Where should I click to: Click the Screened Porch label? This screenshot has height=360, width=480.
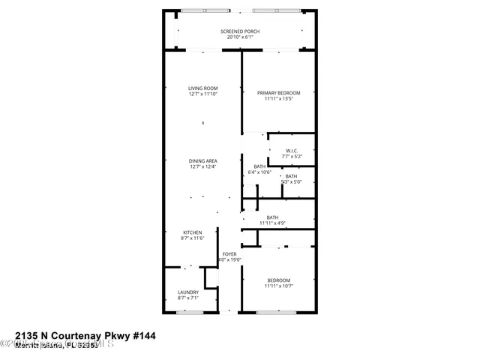coord(240,31)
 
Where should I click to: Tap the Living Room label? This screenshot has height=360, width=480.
coord(202,88)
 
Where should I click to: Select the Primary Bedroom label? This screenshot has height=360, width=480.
coord(277,93)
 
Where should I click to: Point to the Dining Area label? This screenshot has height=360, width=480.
coord(202,160)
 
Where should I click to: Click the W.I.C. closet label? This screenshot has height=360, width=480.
coord(292,151)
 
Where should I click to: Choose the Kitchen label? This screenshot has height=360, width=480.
coord(193,232)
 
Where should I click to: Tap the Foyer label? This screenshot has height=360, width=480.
coord(229,254)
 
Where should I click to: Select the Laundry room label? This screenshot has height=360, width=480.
coord(188,292)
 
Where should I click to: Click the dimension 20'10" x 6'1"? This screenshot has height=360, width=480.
coord(240,37)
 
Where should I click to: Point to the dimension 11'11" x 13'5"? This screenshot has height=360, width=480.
coord(277,99)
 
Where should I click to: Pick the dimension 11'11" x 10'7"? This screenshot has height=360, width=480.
coord(277,286)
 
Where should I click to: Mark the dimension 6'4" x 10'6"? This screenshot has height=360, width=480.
coord(259,172)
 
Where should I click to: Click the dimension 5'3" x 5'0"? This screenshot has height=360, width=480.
coord(291,181)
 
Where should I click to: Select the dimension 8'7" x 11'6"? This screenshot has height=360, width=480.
coord(193,238)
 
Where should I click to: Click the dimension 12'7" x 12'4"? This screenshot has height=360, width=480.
coord(202,166)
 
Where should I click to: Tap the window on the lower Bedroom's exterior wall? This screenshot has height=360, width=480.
coord(276,312)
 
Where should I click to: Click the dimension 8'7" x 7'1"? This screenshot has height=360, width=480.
coord(188,298)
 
